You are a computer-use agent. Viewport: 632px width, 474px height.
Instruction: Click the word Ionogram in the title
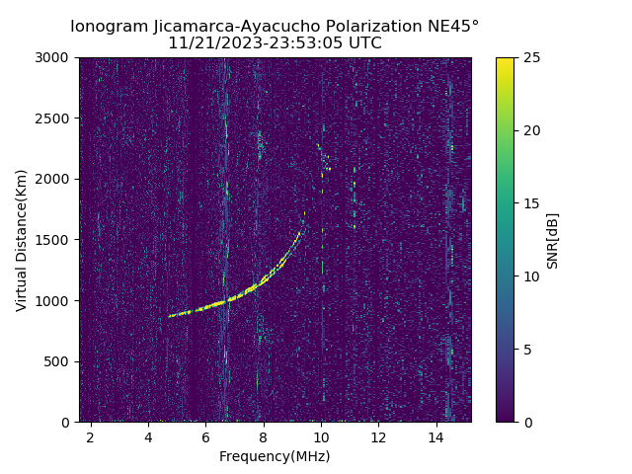point(110,27)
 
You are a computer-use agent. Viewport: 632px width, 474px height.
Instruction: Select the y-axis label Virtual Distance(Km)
point(22,240)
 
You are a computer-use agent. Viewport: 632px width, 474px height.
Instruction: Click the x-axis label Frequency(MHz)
point(275,456)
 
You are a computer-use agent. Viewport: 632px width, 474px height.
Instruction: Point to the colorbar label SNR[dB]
point(553,240)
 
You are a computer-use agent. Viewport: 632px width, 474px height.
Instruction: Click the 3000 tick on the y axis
point(55,58)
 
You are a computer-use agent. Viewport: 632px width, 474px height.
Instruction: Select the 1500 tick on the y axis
point(55,240)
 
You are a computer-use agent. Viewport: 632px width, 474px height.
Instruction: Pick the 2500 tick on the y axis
point(55,118)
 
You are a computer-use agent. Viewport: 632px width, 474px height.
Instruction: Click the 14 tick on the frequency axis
point(435,436)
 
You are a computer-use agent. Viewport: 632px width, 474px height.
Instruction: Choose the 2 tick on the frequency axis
point(91,436)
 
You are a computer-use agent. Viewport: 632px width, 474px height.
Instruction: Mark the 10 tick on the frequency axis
point(321,436)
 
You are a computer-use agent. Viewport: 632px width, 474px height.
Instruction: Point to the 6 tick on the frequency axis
point(205,436)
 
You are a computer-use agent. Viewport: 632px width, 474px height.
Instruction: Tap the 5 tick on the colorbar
point(525,350)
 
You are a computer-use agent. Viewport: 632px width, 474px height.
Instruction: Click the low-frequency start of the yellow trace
point(170,316)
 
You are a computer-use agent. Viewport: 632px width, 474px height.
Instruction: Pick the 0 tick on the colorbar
point(525,422)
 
